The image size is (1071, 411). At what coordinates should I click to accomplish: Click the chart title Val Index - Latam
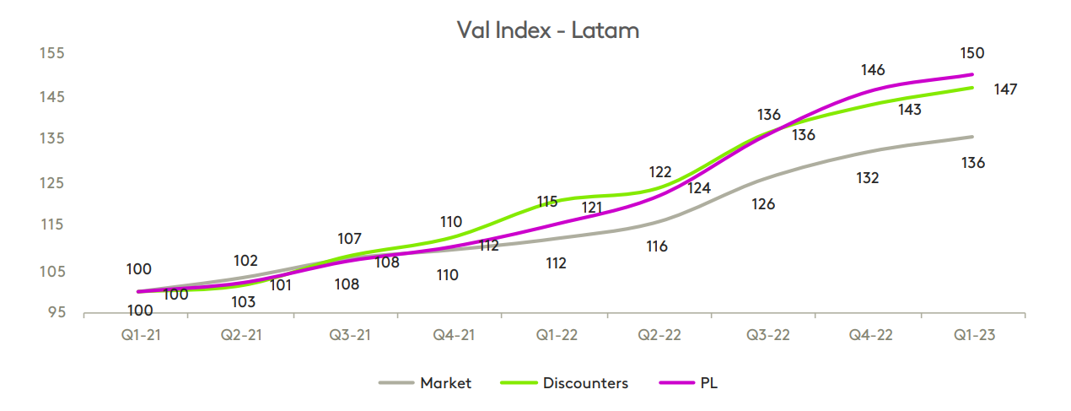click(x=547, y=30)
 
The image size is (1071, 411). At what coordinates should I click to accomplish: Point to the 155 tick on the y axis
click(x=52, y=53)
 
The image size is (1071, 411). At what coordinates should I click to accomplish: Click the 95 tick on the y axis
click(x=56, y=312)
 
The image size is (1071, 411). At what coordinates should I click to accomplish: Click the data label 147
click(x=1005, y=89)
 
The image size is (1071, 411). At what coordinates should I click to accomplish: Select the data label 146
click(x=873, y=70)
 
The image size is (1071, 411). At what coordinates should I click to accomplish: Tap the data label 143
click(x=909, y=110)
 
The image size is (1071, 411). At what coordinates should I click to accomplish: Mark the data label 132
click(x=868, y=178)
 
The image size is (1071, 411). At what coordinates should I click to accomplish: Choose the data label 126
click(x=763, y=204)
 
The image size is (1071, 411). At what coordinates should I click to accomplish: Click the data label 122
click(x=660, y=172)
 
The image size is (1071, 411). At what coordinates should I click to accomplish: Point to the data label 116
click(x=657, y=246)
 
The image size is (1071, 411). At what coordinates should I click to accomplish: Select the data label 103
click(x=244, y=301)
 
